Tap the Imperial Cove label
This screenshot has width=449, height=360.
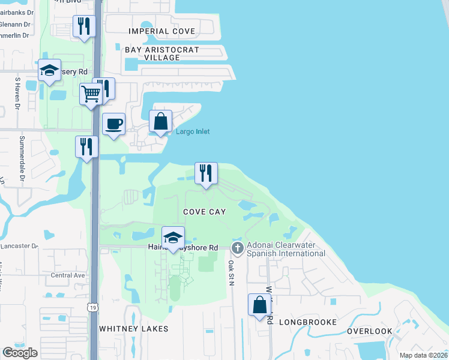(162, 31)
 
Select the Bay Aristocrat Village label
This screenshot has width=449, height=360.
(162, 53)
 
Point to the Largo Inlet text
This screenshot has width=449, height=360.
(193, 131)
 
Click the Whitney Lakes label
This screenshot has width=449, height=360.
(134, 329)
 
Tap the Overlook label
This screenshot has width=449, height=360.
(370, 331)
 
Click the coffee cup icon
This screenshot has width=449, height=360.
(114, 124)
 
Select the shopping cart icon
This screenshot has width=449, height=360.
(90, 93)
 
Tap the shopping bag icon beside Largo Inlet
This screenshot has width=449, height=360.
(161, 121)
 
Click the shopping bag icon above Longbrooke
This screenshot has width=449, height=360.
(260, 304)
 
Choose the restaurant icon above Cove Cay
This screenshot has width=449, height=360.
(206, 173)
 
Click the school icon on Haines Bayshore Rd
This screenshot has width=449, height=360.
(173, 238)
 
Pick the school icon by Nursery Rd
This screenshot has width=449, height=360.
(49, 70)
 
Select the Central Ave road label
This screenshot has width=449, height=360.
(67, 275)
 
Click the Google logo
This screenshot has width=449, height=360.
(20, 353)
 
